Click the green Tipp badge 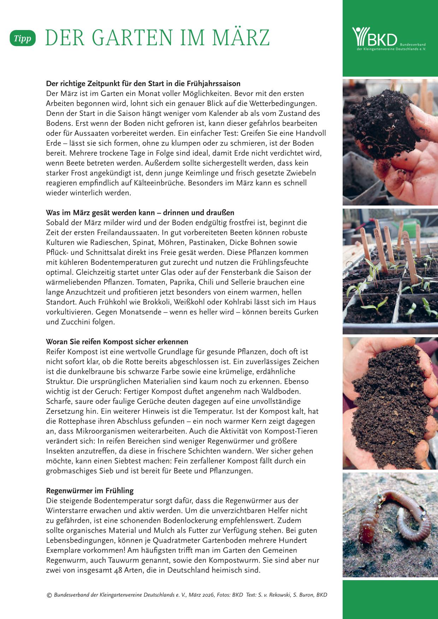[23, 39]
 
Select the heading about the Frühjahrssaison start [143, 84]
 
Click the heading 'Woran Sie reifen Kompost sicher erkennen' [117, 342]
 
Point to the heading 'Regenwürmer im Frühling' [90, 490]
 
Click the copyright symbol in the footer [49, 595]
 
